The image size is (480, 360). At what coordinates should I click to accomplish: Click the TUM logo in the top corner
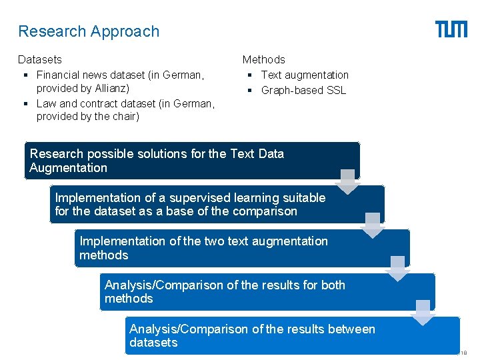tap(451, 29)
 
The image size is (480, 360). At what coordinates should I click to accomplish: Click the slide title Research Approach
tap(89, 31)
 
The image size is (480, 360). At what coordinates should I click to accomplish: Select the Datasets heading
tap(40, 60)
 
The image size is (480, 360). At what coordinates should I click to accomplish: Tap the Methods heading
tap(263, 60)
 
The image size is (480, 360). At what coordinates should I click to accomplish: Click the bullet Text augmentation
tap(305, 75)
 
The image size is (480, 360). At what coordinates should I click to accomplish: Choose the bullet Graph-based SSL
tap(303, 90)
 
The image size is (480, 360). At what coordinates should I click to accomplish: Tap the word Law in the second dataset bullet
tap(47, 103)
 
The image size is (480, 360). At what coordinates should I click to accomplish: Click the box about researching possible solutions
tap(191, 161)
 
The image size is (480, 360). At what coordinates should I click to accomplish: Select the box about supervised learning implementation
tap(217, 204)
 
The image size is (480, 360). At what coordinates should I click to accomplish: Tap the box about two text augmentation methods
tap(241, 248)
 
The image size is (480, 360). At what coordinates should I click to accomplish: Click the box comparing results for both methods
tap(267, 291)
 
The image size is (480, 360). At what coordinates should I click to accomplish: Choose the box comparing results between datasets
tap(292, 335)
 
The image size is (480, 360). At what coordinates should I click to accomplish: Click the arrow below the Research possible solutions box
tap(347, 181)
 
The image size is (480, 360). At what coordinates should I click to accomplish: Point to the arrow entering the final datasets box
tap(423, 311)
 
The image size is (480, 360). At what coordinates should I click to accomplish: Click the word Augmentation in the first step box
tap(68, 168)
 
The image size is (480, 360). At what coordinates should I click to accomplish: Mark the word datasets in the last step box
tap(153, 343)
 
